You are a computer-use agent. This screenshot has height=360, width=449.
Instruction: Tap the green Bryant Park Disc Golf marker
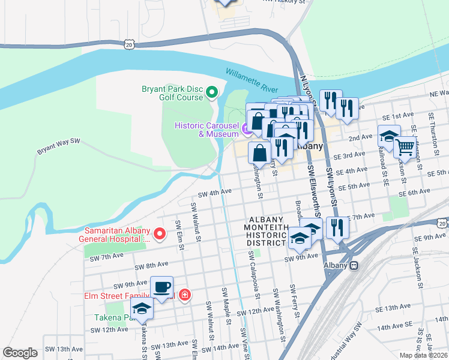point(211,92)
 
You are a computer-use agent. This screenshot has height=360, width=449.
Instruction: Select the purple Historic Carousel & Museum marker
point(246,130)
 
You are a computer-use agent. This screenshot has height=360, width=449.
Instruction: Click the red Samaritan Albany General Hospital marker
point(159,234)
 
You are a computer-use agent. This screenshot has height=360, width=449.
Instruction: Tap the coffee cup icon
point(161,287)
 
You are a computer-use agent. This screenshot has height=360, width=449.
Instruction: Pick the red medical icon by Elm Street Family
point(185,295)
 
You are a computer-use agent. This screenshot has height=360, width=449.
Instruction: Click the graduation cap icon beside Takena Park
point(142,309)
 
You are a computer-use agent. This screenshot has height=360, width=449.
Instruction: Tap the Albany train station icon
point(354,265)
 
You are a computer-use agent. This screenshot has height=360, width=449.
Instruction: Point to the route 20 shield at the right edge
point(442,223)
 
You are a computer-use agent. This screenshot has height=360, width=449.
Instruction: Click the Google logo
point(20,353)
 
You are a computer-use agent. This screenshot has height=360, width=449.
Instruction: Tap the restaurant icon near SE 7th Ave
point(338,227)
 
